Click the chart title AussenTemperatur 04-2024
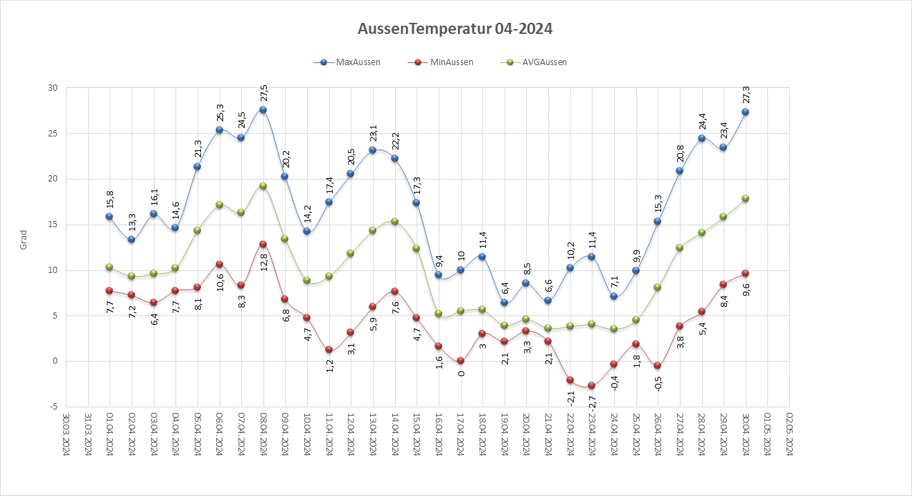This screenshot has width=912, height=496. [455, 29]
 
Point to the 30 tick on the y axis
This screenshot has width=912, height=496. [52, 88]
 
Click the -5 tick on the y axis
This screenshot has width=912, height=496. [53, 407]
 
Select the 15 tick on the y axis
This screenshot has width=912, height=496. [52, 224]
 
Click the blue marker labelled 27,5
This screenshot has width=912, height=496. [263, 110]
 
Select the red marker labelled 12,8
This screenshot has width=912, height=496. [263, 244]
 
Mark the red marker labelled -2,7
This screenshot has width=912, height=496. [592, 385]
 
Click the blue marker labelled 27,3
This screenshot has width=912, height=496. [746, 112]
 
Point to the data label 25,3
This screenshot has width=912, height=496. [220, 112]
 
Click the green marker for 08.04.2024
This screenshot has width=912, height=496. [263, 186]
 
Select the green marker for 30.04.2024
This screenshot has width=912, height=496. [746, 198]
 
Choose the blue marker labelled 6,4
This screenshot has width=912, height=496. [505, 302]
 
